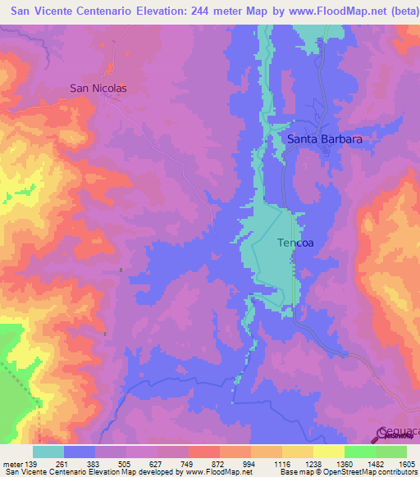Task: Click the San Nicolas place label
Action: (98, 87)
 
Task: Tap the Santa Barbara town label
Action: (324, 139)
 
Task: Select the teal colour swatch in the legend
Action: (48, 452)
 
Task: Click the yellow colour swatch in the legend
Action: (329, 452)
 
